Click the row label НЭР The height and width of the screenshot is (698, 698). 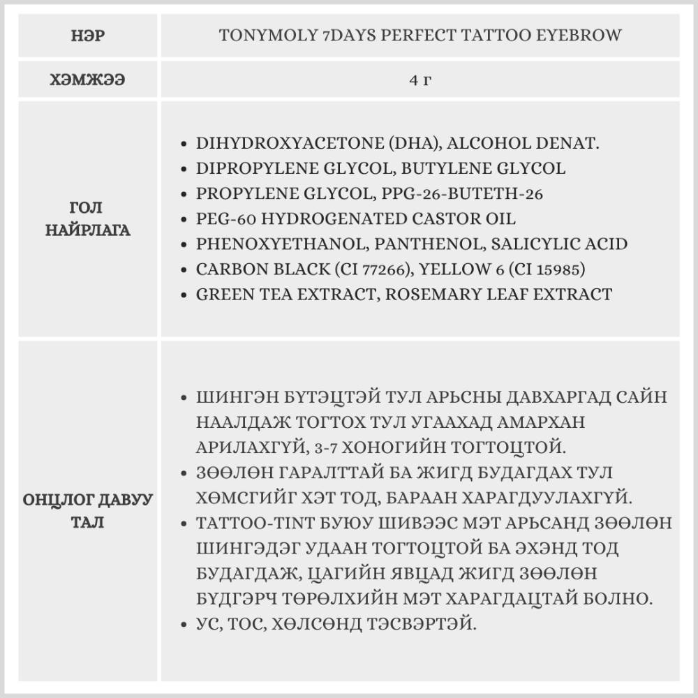(x=88, y=36)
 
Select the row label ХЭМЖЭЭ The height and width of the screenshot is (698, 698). (x=88, y=80)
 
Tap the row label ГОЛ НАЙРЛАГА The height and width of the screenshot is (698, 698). (x=88, y=218)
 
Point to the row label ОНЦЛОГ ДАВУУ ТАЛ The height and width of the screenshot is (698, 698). (x=88, y=510)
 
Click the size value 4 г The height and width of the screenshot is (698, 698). (x=421, y=80)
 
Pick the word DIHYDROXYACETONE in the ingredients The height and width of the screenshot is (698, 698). (x=288, y=144)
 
